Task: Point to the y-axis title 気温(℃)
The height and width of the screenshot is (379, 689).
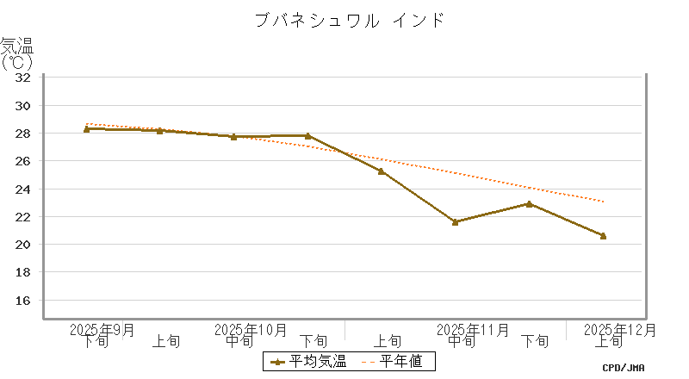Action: click(16, 53)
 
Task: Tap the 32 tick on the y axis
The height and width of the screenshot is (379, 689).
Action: click(23, 78)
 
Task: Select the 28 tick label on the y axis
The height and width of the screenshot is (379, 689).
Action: click(23, 134)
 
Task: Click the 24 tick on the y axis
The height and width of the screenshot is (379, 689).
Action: click(23, 189)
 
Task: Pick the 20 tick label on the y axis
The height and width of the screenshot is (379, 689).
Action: click(23, 245)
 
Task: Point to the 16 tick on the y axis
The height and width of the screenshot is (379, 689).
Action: click(23, 301)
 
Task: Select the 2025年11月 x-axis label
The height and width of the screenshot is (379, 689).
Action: click(473, 329)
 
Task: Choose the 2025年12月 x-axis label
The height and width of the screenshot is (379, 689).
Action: click(620, 329)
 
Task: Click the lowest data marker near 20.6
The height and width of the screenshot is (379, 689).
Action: click(603, 235)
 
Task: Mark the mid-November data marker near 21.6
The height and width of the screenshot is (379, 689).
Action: click(455, 221)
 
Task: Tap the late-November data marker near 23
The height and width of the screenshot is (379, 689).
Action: click(529, 203)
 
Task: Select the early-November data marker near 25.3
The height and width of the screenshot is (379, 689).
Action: click(381, 171)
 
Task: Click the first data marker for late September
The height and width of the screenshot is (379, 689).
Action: click(87, 128)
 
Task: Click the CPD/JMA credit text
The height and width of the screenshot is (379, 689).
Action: click(624, 368)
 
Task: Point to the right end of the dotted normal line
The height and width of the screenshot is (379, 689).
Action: click(604, 202)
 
